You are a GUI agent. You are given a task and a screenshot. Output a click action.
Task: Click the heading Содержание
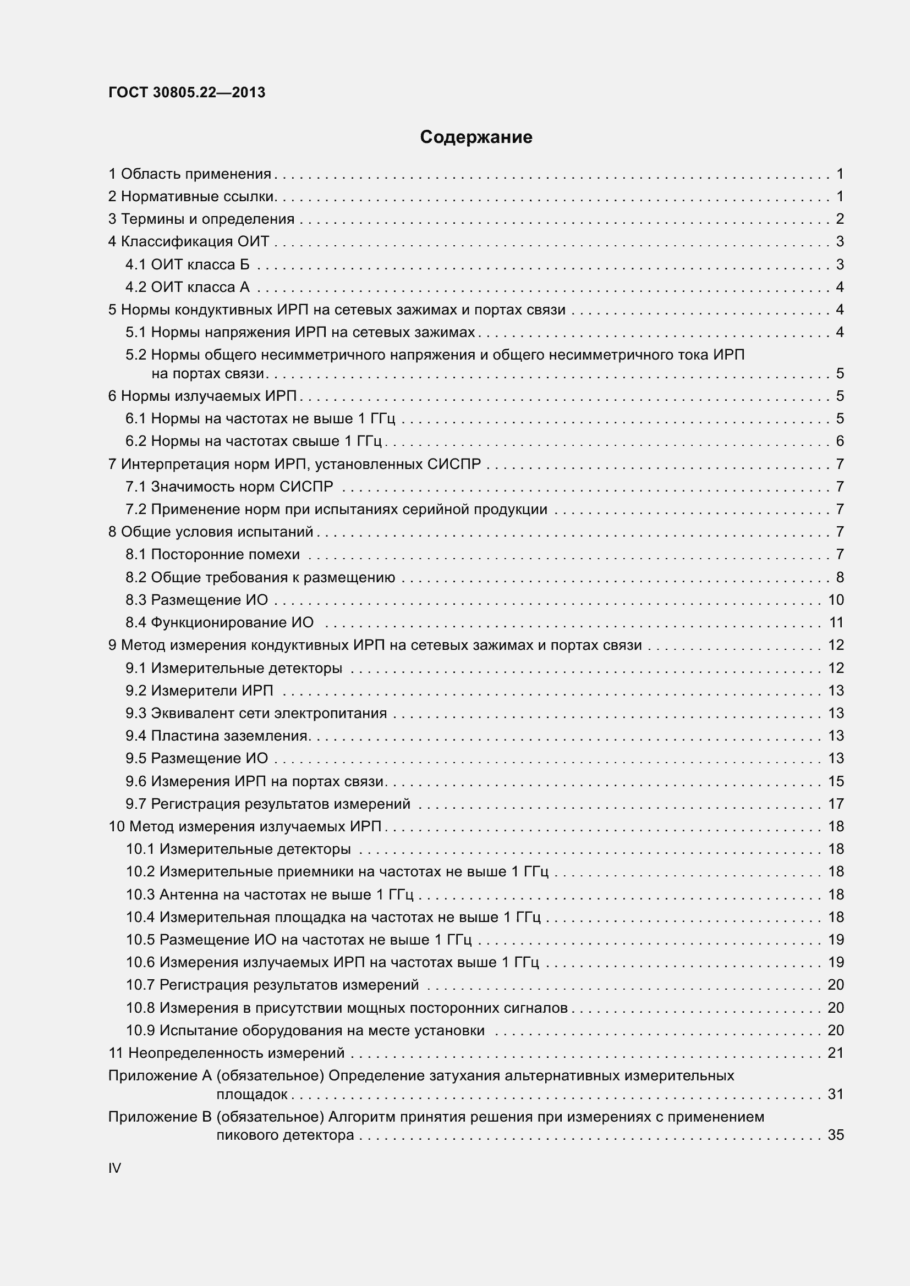pos(476,137)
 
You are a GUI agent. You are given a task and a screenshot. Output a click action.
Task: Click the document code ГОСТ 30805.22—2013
pos(187,92)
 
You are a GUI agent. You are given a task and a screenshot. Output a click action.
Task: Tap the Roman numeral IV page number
pos(115,1168)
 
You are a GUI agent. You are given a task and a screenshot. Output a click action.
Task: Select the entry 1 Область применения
pos(190,174)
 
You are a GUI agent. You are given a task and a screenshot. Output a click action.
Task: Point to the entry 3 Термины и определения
pos(201,219)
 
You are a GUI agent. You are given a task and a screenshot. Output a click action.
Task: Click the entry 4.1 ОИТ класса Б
pos(187,264)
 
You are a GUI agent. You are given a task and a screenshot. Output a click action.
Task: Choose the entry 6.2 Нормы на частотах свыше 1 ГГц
pos(253,441)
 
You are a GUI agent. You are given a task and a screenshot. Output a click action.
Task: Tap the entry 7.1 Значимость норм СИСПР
pos(229,487)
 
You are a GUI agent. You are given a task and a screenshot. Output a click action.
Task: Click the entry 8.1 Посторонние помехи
pos(212,555)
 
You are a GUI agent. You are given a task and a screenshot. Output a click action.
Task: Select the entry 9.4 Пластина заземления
pos(217,736)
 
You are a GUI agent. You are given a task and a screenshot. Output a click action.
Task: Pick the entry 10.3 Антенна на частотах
pos(269,895)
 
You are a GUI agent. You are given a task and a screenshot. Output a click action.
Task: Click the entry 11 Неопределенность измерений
pos(226,1053)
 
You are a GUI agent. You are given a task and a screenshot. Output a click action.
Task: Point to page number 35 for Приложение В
pos(836,1135)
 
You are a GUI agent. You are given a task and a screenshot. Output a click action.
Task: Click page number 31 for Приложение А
pos(836,1094)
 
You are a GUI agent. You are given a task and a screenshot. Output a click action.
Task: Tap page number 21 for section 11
pos(836,1053)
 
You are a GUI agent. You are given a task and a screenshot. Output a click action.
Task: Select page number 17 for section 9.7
pos(836,804)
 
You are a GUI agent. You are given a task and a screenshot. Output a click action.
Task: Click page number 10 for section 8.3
pos(836,600)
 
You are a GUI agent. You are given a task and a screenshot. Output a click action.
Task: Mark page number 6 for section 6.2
pos(840,441)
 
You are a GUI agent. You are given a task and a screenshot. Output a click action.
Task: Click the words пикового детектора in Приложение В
pos(285,1135)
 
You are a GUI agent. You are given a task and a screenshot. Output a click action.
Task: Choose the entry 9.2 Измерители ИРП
pos(200,691)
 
